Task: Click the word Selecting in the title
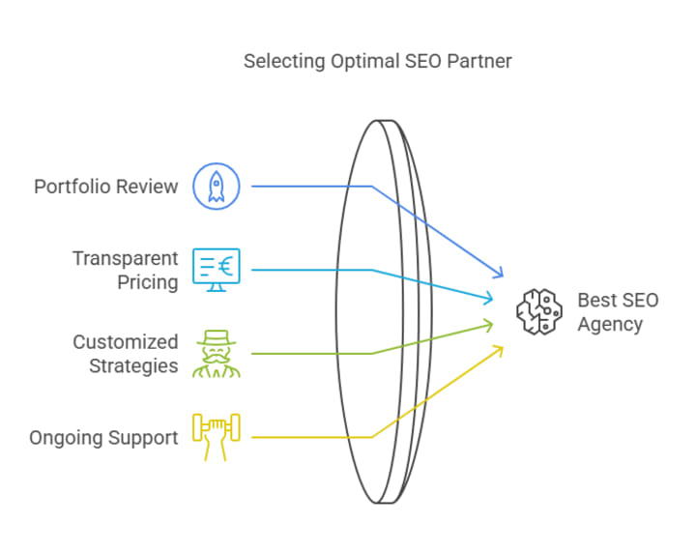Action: [281, 62]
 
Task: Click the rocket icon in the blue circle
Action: [216, 186]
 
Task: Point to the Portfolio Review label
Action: [106, 187]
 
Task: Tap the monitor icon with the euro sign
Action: [216, 270]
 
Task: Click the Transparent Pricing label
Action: [126, 271]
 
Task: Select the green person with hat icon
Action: [216, 354]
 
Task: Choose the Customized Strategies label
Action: [126, 354]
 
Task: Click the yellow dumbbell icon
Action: [216, 437]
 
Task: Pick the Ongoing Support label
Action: [104, 438]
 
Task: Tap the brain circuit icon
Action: [538, 312]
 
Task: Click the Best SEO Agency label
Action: [618, 312]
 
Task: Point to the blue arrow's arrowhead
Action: [501, 276]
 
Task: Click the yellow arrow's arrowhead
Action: [501, 348]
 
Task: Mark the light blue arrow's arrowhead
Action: [492, 300]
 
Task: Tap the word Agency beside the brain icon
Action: [610, 325]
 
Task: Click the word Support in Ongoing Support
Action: [144, 438]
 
